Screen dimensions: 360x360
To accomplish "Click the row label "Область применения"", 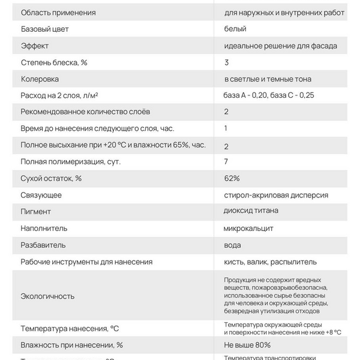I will point(58,13).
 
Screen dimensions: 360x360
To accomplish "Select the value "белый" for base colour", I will point(235,28).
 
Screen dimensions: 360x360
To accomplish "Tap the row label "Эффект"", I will point(34,46).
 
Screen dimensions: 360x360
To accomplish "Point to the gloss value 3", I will point(226,62).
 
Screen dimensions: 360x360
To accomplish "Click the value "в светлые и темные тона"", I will point(267,79).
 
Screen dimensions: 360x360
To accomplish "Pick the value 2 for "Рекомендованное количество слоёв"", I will point(226,112).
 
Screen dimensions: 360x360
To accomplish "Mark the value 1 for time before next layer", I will point(226,128).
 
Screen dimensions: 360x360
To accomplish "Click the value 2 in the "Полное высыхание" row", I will point(226,146).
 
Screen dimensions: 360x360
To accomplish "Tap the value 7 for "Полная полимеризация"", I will point(226,162).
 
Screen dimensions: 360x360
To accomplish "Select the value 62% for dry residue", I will point(232,178).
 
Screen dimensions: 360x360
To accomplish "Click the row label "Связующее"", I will point(41,195).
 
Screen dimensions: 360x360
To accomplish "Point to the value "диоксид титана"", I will point(251,211).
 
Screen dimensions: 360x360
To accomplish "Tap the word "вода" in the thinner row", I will point(232,245).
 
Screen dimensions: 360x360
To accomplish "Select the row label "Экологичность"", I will point(48,296).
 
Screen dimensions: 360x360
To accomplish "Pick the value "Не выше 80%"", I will point(247,345).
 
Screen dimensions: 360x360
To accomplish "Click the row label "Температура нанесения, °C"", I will point(70,328).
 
